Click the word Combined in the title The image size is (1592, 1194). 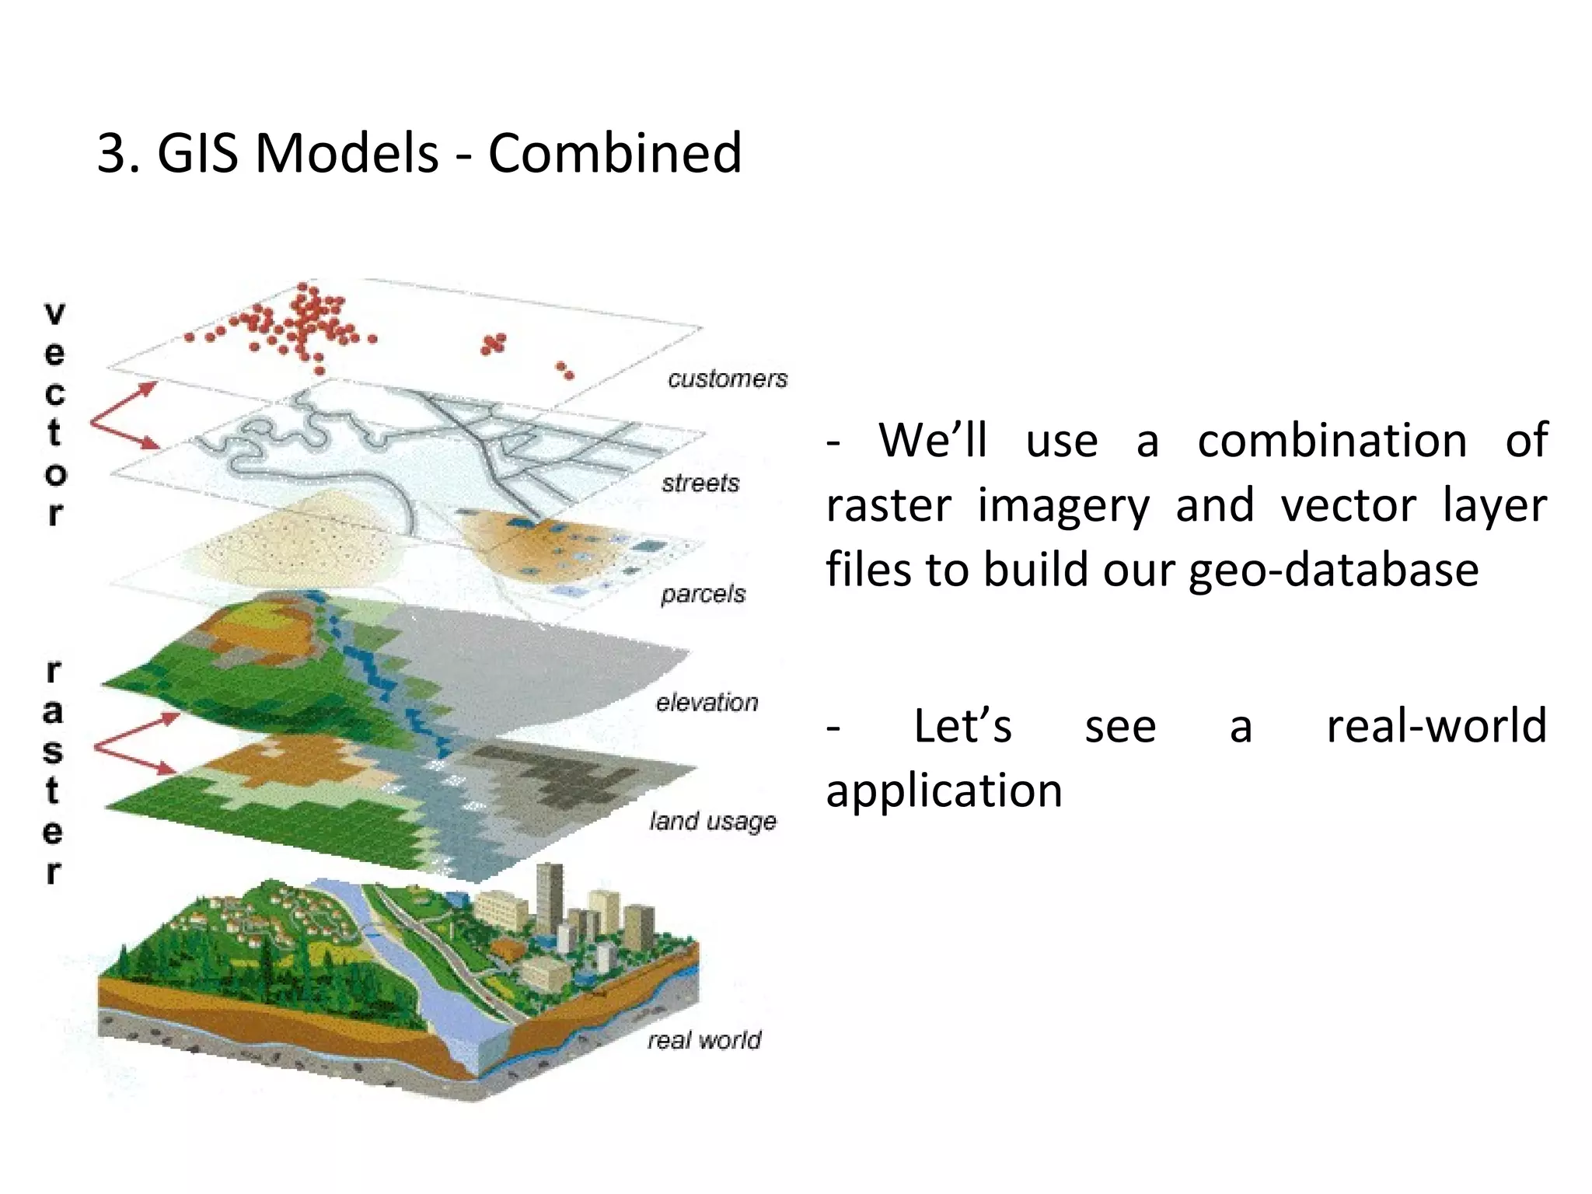[614, 152]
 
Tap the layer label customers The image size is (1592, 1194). [728, 379]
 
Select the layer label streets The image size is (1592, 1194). [700, 484]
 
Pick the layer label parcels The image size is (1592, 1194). [703, 595]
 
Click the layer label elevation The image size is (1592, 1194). [707, 703]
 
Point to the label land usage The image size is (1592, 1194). [713, 821]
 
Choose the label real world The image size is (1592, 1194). [704, 1040]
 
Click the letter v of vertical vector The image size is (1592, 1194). [54, 313]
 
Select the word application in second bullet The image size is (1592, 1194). [944, 791]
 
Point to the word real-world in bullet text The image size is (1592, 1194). [1436, 726]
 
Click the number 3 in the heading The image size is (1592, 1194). [112, 152]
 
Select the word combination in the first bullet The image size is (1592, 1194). [1332, 441]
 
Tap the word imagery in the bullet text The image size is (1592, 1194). [1063, 505]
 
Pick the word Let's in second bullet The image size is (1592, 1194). [962, 726]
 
